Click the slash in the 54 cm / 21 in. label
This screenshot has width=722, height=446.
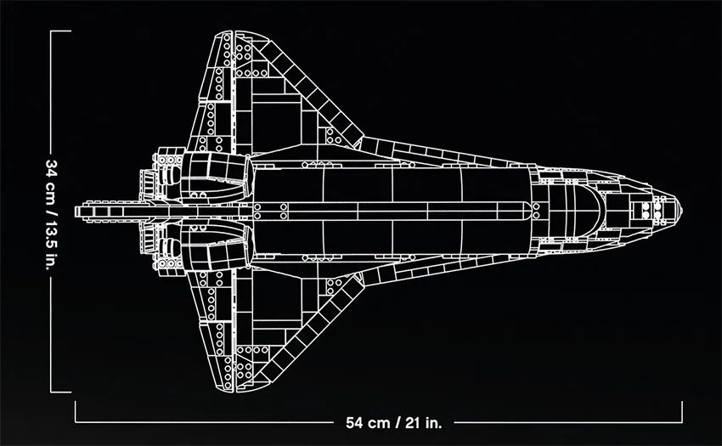[402, 421]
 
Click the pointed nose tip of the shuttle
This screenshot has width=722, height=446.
[683, 209]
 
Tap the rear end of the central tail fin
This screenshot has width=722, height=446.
[76, 209]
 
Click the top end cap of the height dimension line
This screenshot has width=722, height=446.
[59, 31]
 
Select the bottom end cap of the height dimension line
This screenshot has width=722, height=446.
[59, 392]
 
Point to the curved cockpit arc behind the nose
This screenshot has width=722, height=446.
[595, 208]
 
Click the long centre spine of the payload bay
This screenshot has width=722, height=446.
[391, 209]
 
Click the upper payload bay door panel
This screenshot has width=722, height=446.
[391, 183]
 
